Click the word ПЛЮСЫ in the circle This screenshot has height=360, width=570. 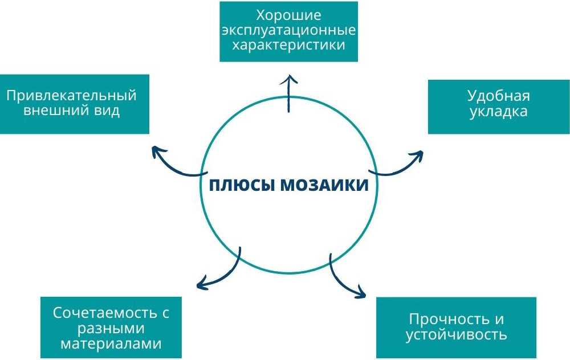coord(242,186)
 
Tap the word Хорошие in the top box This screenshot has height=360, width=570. coord(288,15)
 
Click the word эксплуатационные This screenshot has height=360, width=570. coord(288,30)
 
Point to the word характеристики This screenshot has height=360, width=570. coord(288,44)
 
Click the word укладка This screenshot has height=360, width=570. coord(498,111)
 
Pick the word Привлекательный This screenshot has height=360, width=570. coord(72,95)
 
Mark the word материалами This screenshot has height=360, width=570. coord(111,343)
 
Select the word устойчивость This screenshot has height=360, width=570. coord(457,334)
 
